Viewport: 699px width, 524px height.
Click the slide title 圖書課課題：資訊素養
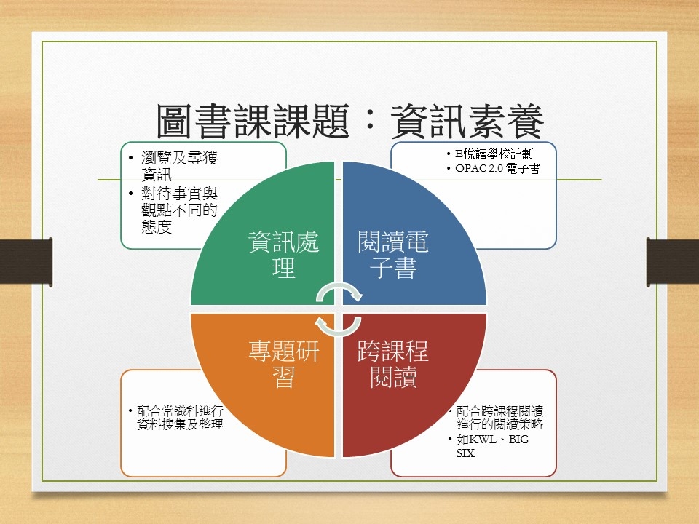350,122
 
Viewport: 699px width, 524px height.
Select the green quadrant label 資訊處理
283,255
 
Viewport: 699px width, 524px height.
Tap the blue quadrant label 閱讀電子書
393,255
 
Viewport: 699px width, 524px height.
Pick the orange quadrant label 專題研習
283,364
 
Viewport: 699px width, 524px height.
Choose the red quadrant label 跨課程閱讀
393,364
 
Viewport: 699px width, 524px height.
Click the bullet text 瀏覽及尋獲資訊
179,166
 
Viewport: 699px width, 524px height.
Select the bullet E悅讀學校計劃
494,154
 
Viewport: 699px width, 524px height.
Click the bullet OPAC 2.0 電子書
497,168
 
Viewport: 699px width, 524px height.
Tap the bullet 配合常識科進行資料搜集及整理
180,418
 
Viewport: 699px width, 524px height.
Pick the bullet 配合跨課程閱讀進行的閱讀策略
499,418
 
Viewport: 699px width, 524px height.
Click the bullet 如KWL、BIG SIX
493,446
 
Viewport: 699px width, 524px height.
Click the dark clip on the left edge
26,261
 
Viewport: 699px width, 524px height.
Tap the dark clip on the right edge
673,262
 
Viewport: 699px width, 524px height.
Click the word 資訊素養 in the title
467,122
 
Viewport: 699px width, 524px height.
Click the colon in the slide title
370,122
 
